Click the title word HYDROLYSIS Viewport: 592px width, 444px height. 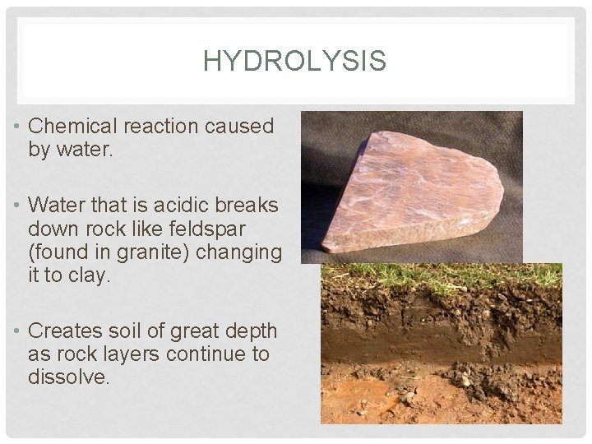click(294, 60)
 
